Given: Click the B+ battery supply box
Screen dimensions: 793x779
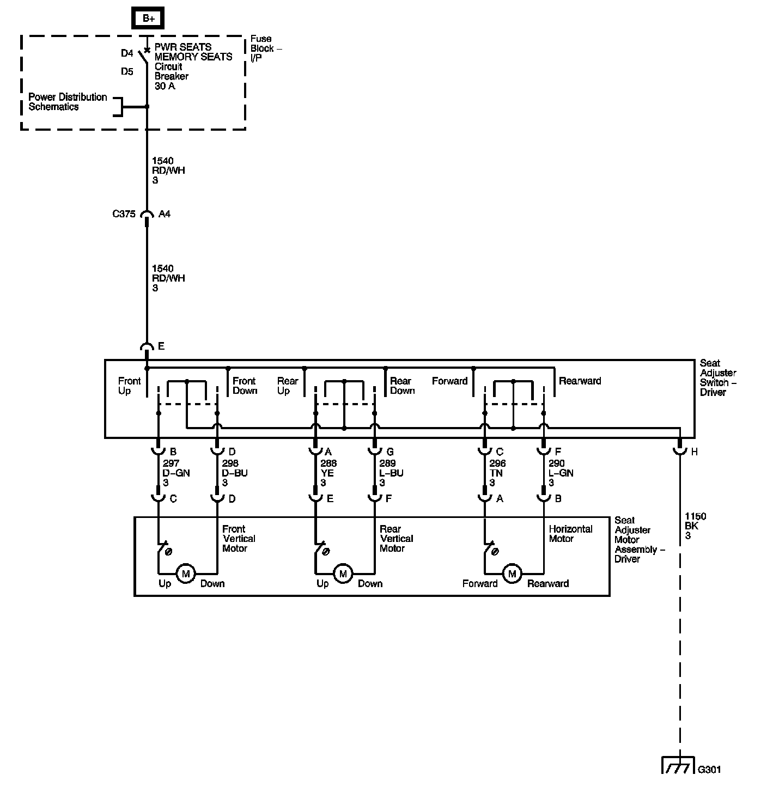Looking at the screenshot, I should pyautogui.click(x=148, y=18).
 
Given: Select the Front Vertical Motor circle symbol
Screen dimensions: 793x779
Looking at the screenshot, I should pyautogui.click(x=186, y=574).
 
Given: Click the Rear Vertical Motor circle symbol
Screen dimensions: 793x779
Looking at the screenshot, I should pyautogui.click(x=343, y=574).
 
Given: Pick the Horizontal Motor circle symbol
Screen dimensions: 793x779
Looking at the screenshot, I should pyautogui.click(x=512, y=574).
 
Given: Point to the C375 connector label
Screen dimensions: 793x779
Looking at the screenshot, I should pyautogui.click(x=124, y=214).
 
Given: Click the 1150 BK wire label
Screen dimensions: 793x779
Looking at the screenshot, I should pyautogui.click(x=695, y=526).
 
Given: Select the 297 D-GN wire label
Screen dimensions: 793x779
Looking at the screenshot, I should pyautogui.click(x=176, y=473).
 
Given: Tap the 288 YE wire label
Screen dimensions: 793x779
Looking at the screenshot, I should pyautogui.click(x=328, y=473).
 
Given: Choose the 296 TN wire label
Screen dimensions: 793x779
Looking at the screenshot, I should pyautogui.click(x=497, y=473).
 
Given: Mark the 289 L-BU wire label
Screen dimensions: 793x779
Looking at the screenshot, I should pyautogui.click(x=391, y=473).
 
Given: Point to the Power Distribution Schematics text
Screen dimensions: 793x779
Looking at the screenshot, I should pyautogui.click(x=68, y=102).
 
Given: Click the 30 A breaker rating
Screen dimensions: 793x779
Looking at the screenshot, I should pyautogui.click(x=165, y=86).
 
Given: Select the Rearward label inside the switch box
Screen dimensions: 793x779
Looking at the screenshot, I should pyautogui.click(x=580, y=381).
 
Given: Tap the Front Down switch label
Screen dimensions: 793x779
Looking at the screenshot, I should pyautogui.click(x=244, y=386).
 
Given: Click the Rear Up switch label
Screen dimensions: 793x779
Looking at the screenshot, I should pyautogui.click(x=288, y=386).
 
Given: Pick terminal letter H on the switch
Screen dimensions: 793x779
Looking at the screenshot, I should pyautogui.click(x=694, y=452).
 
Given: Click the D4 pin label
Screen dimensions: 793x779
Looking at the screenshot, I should pyautogui.click(x=127, y=53).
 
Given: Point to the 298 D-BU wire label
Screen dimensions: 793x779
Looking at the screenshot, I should pyautogui.click(x=235, y=473).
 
